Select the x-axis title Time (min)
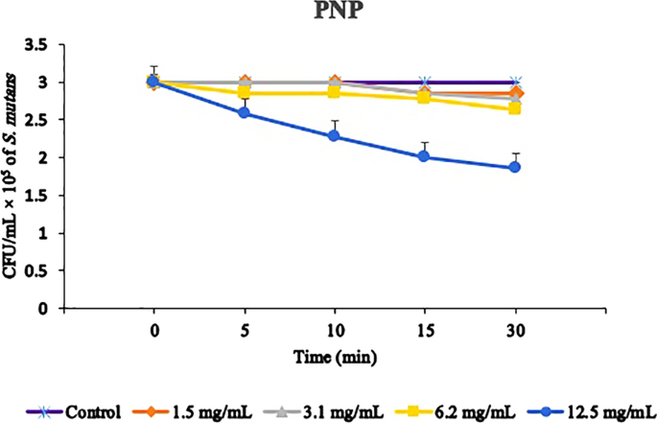point(334,358)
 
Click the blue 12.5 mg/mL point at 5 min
point(244,113)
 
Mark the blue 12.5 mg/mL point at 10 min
point(334,136)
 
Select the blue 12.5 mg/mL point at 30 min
point(514,167)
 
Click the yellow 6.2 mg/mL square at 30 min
point(514,108)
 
